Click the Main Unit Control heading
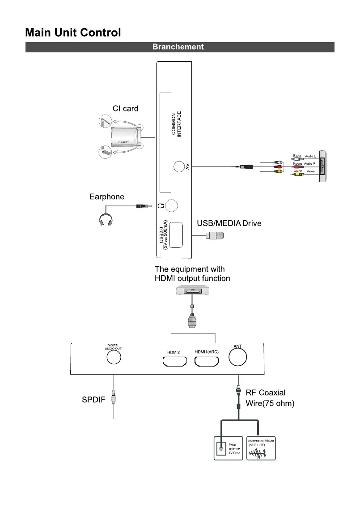(x=73, y=33)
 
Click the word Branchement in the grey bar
(x=178, y=47)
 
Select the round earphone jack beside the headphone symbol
(x=171, y=205)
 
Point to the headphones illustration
(x=106, y=219)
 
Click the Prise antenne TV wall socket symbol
(x=220, y=448)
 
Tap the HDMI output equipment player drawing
(x=193, y=291)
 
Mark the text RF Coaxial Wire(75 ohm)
(x=268, y=398)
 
